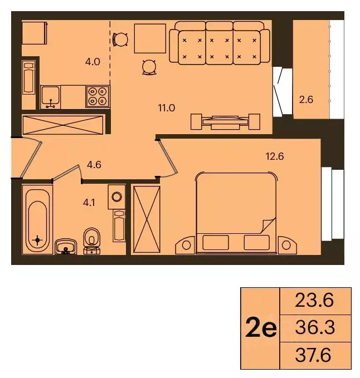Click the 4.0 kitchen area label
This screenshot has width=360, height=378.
tap(93, 62)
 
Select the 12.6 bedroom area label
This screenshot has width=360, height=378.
tap(275, 156)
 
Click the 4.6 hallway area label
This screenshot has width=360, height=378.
tap(95, 164)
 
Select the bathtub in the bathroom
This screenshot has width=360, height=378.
tap(37, 220)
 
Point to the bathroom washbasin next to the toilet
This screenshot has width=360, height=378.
tap(66, 246)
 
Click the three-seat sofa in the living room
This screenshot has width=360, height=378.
tap(220, 42)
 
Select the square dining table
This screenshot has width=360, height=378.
tap(150, 39)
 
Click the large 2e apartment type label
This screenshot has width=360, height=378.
tap(261, 328)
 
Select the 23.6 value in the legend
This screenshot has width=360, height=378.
tap(316, 301)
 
